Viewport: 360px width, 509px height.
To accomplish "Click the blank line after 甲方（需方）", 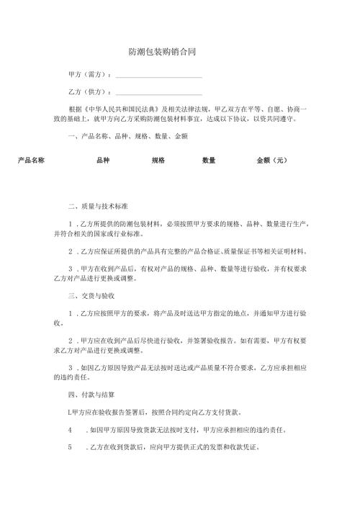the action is click(x=158, y=75).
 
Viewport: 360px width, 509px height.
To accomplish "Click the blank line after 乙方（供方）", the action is click(x=158, y=92).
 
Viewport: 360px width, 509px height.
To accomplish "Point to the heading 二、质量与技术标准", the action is click(x=97, y=206).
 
